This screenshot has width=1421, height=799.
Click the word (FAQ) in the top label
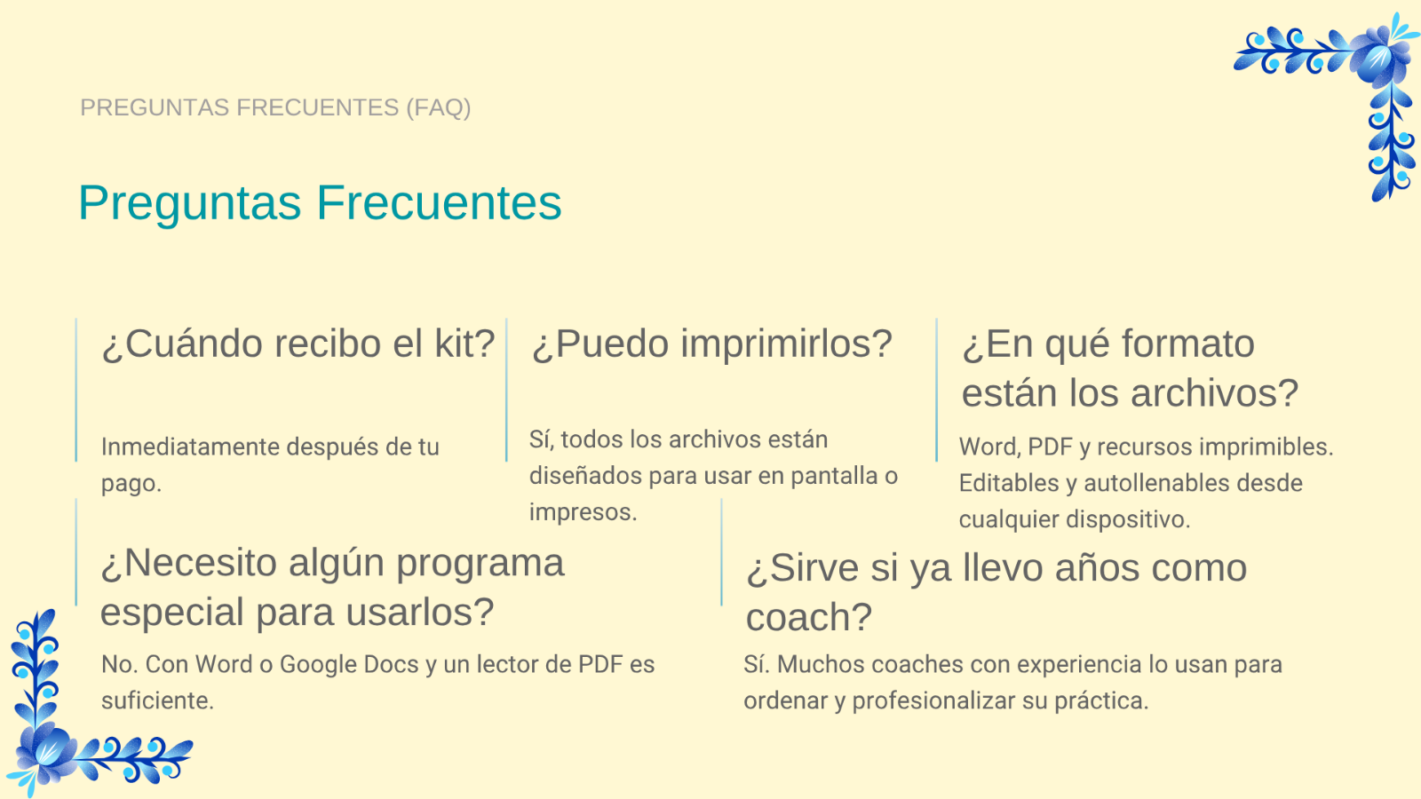439,107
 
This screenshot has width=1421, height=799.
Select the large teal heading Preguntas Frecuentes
320,203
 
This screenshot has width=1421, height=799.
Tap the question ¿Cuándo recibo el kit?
298,344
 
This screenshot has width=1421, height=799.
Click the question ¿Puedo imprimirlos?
711,344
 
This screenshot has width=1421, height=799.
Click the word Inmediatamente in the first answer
190,447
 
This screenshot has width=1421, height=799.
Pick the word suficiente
157,700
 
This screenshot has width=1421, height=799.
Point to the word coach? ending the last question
809,617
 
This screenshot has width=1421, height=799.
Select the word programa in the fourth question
480,564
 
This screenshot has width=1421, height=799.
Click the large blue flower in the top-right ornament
1375,59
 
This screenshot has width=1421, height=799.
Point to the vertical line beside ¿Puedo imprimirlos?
506,390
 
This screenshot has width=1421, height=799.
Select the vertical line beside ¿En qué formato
936,390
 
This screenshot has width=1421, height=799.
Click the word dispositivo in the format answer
1128,519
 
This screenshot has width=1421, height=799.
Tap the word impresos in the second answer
583,512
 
